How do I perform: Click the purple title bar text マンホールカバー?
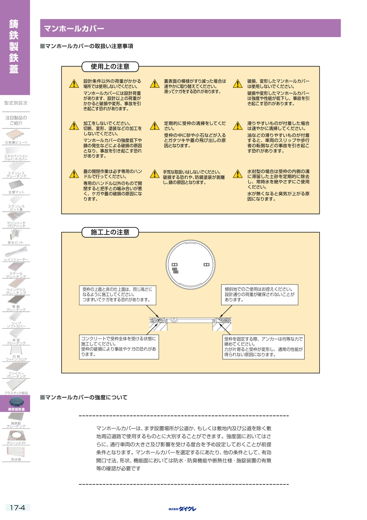pos(74,28)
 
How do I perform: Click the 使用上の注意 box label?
pos(110,67)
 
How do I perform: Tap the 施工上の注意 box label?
pos(110,232)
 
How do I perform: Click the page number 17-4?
pos(18,508)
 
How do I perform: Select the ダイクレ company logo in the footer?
pos(182,509)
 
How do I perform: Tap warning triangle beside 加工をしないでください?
pos(74,126)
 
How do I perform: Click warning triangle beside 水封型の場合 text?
pos(238,174)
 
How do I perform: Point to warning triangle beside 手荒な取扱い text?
pos(155,174)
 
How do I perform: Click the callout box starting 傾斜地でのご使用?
pos(260,295)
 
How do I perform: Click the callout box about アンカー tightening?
pos(263,347)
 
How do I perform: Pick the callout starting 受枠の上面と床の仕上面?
pos(118,295)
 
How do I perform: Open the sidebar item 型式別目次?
pos(16,103)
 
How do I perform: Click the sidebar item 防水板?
pos(16,454)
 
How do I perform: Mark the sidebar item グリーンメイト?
pos(16,437)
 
